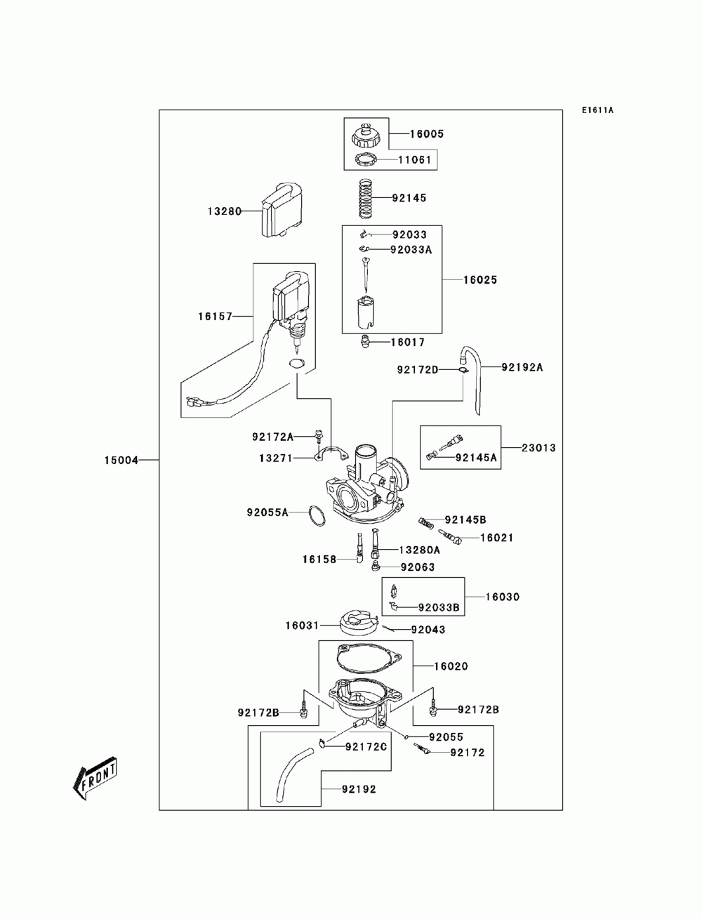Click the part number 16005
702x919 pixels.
(427, 134)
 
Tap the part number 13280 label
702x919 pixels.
(224, 211)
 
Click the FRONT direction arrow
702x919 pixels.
(94, 777)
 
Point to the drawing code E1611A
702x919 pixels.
(597, 110)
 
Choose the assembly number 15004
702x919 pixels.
(121, 461)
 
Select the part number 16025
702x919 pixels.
(480, 279)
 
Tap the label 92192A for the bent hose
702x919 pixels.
(522, 366)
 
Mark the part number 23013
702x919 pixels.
(538, 447)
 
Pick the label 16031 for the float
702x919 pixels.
(302, 625)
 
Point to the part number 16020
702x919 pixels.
(451, 666)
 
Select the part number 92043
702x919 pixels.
(428, 630)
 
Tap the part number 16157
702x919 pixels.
(215, 317)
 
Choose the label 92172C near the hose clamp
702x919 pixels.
(366, 746)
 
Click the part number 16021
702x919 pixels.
(497, 538)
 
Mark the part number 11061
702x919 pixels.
(415, 160)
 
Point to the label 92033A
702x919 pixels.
(411, 249)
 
